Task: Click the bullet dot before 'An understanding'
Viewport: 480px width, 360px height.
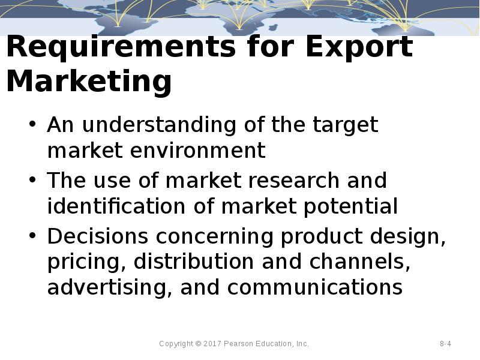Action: tap(32, 125)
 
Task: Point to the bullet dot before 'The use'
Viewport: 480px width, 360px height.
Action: tap(32, 181)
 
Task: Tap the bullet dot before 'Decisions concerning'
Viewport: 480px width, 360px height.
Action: tap(32, 236)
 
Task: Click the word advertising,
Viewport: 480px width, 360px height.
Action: tap(110, 287)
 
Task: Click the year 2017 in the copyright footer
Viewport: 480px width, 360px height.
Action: tap(212, 344)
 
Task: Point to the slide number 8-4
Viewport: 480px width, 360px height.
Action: tap(445, 344)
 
